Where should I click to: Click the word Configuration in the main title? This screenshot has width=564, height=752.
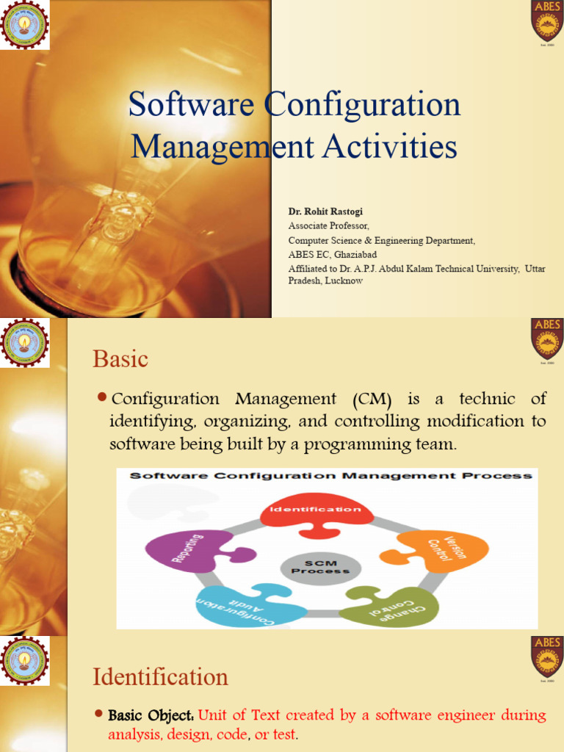pyautogui.click(x=363, y=105)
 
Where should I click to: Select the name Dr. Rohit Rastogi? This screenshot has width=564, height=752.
pyautogui.click(x=325, y=211)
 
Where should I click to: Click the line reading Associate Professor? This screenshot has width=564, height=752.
pyautogui.click(x=328, y=225)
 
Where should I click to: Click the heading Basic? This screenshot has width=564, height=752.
pyautogui.click(x=120, y=360)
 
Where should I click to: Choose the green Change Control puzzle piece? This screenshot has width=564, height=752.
pyautogui.click(x=394, y=606)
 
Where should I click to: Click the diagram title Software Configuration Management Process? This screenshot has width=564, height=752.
pyautogui.click(x=330, y=476)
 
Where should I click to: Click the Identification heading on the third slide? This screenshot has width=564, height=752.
pyautogui.click(x=160, y=676)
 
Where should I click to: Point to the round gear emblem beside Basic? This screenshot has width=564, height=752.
pyautogui.click(x=25, y=343)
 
